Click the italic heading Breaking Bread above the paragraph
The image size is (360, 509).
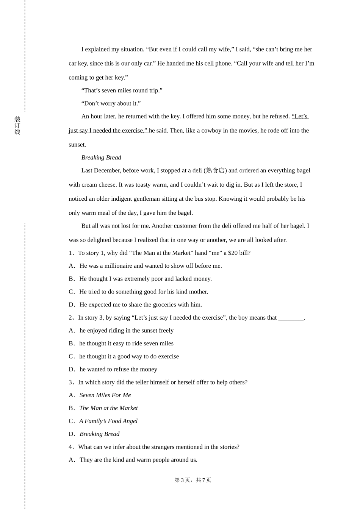pos(101,158)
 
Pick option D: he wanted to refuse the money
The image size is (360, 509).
pos(118,369)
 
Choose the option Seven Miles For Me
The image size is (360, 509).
pos(105,395)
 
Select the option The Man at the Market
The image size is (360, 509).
pos(108,408)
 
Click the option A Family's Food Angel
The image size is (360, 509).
pos(108,421)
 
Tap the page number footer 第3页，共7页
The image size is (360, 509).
pos(193,480)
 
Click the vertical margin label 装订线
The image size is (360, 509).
pos(17,125)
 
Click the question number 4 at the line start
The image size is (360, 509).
pos(70,447)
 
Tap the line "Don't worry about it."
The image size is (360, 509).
pos(111,103)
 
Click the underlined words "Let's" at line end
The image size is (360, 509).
pos(300,116)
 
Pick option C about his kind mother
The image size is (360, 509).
pos(143,292)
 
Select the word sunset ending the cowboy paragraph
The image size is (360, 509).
pos(77,145)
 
